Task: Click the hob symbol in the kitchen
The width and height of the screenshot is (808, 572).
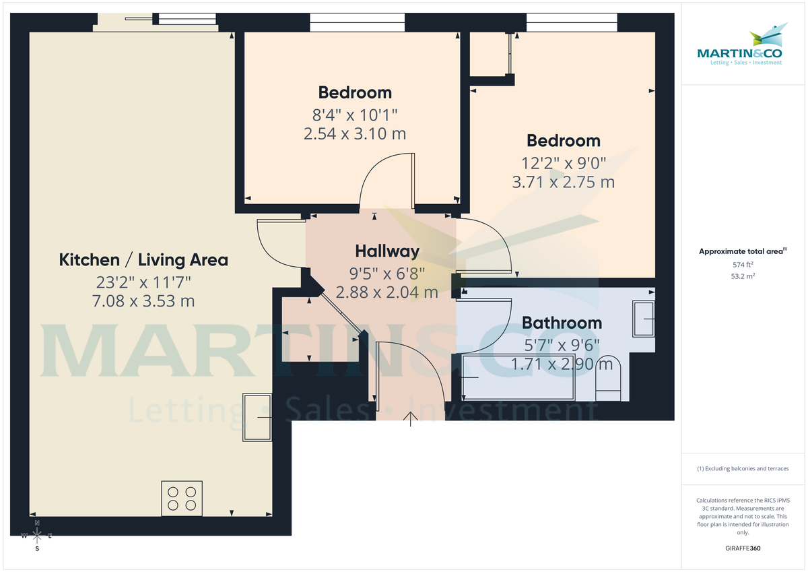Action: pos(182,499)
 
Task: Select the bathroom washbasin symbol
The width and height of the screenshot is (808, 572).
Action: pos(644,319)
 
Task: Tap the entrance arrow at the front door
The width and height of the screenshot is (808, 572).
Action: pos(410,418)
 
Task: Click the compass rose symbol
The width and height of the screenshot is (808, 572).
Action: pos(37,536)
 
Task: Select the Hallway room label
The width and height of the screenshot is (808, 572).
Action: pos(387,251)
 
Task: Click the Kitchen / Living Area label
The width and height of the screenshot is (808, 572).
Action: pos(143,259)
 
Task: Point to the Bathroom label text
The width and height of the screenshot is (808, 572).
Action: pos(562,323)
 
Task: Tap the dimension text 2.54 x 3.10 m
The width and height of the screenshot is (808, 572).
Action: pos(355,133)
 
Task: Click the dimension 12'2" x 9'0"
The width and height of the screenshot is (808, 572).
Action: pos(564,162)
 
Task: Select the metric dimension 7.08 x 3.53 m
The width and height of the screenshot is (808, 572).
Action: pos(143,300)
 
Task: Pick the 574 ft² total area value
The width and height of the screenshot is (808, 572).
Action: pos(743,265)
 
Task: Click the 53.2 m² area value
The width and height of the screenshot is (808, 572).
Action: pos(743,276)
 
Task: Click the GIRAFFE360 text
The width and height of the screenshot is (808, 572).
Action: pos(743,548)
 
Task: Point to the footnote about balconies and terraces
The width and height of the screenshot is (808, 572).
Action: pos(743,468)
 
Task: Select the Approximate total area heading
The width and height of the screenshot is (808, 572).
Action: pos(742,251)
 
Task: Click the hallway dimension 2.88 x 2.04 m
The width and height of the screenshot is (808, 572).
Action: pos(387,292)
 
